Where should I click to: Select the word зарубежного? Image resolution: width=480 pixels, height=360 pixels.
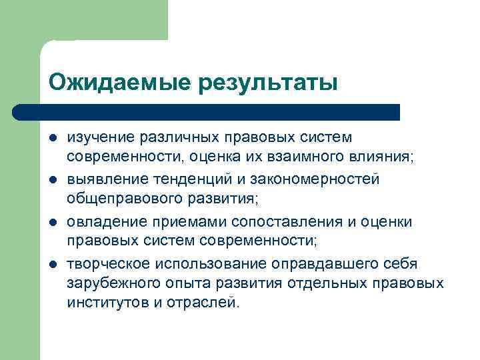point(111,283)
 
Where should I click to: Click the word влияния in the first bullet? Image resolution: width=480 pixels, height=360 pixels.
point(387,157)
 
